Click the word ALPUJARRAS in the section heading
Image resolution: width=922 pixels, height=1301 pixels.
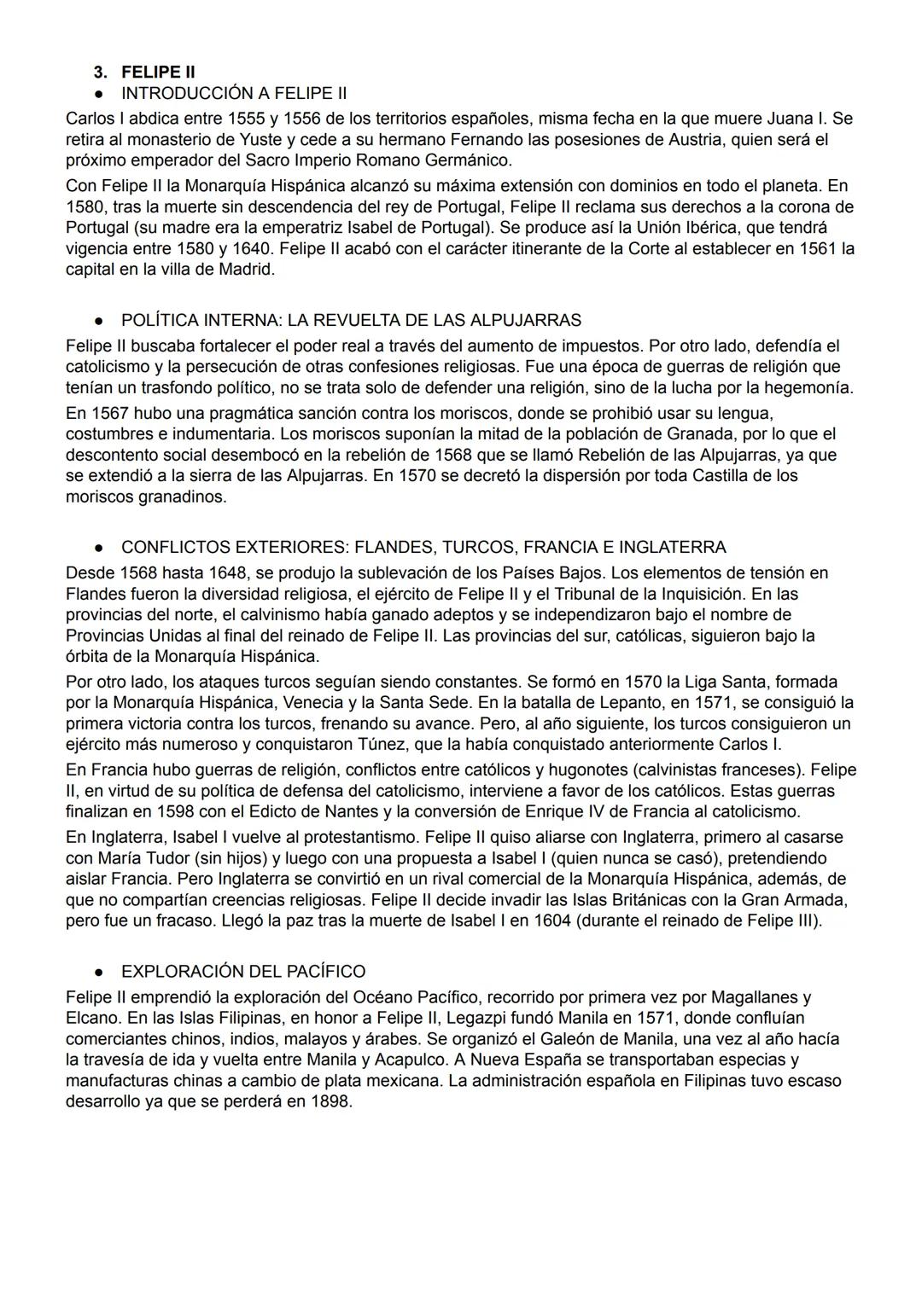[531, 321]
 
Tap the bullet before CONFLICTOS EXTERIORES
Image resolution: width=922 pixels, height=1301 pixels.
[100, 548]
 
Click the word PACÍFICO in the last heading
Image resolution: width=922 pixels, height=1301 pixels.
[322, 972]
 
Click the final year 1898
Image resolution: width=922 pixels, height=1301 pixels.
[328, 1101]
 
